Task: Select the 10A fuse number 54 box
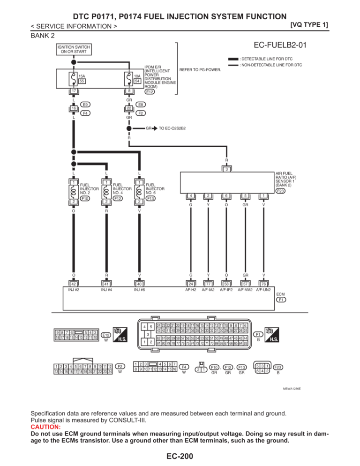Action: coord(137,81)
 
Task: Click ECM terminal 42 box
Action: coord(74,283)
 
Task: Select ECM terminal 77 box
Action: coord(208,283)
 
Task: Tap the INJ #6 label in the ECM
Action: coord(139,290)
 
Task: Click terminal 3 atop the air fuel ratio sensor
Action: coord(226,169)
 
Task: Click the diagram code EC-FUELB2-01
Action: coord(280,45)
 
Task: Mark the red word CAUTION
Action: coord(45,427)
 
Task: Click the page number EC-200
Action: coord(180,456)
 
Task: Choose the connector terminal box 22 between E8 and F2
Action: coord(128,108)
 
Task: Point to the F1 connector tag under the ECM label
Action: coord(281,300)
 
